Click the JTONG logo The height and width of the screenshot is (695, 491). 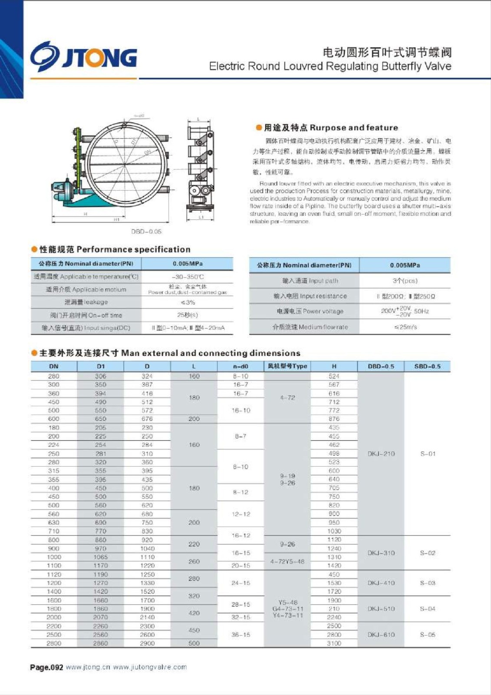click(83, 56)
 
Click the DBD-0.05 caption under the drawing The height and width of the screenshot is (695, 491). click(146, 232)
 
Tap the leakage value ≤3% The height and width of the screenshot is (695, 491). click(188, 302)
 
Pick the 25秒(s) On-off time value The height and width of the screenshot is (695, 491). click(188, 315)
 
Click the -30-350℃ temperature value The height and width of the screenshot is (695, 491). click(188, 277)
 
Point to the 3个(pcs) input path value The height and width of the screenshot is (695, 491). click(405, 281)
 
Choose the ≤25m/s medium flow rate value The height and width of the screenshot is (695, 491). click(405, 327)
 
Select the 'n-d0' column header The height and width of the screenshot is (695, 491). click(241, 366)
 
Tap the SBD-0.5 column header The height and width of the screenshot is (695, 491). click(427, 366)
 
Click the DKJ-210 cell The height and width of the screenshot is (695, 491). click(381, 453)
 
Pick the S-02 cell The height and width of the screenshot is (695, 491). click(427, 553)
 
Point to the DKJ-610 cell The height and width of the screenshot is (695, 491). click(381, 635)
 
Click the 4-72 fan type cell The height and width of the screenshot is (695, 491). click(287, 397)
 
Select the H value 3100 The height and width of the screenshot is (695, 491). click(334, 643)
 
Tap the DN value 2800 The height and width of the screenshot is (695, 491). click(54, 643)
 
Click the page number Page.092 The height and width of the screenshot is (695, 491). click(46, 667)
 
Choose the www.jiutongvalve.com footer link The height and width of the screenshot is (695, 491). click(150, 667)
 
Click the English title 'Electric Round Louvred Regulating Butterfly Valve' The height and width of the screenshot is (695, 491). click(330, 66)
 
